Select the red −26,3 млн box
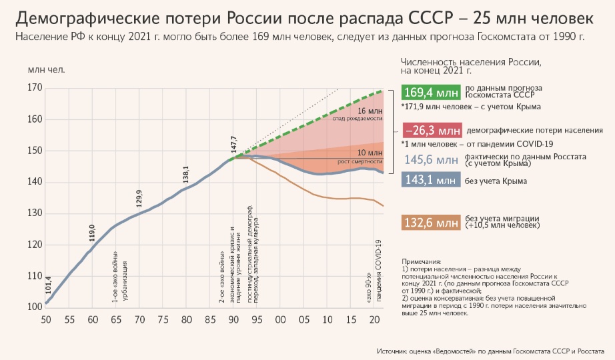[x=431, y=130]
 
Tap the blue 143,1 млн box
[x=431, y=181]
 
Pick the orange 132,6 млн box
[x=431, y=222]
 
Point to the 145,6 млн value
[x=431, y=160]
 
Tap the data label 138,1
[x=186, y=174]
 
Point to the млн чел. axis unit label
[x=41, y=69]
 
